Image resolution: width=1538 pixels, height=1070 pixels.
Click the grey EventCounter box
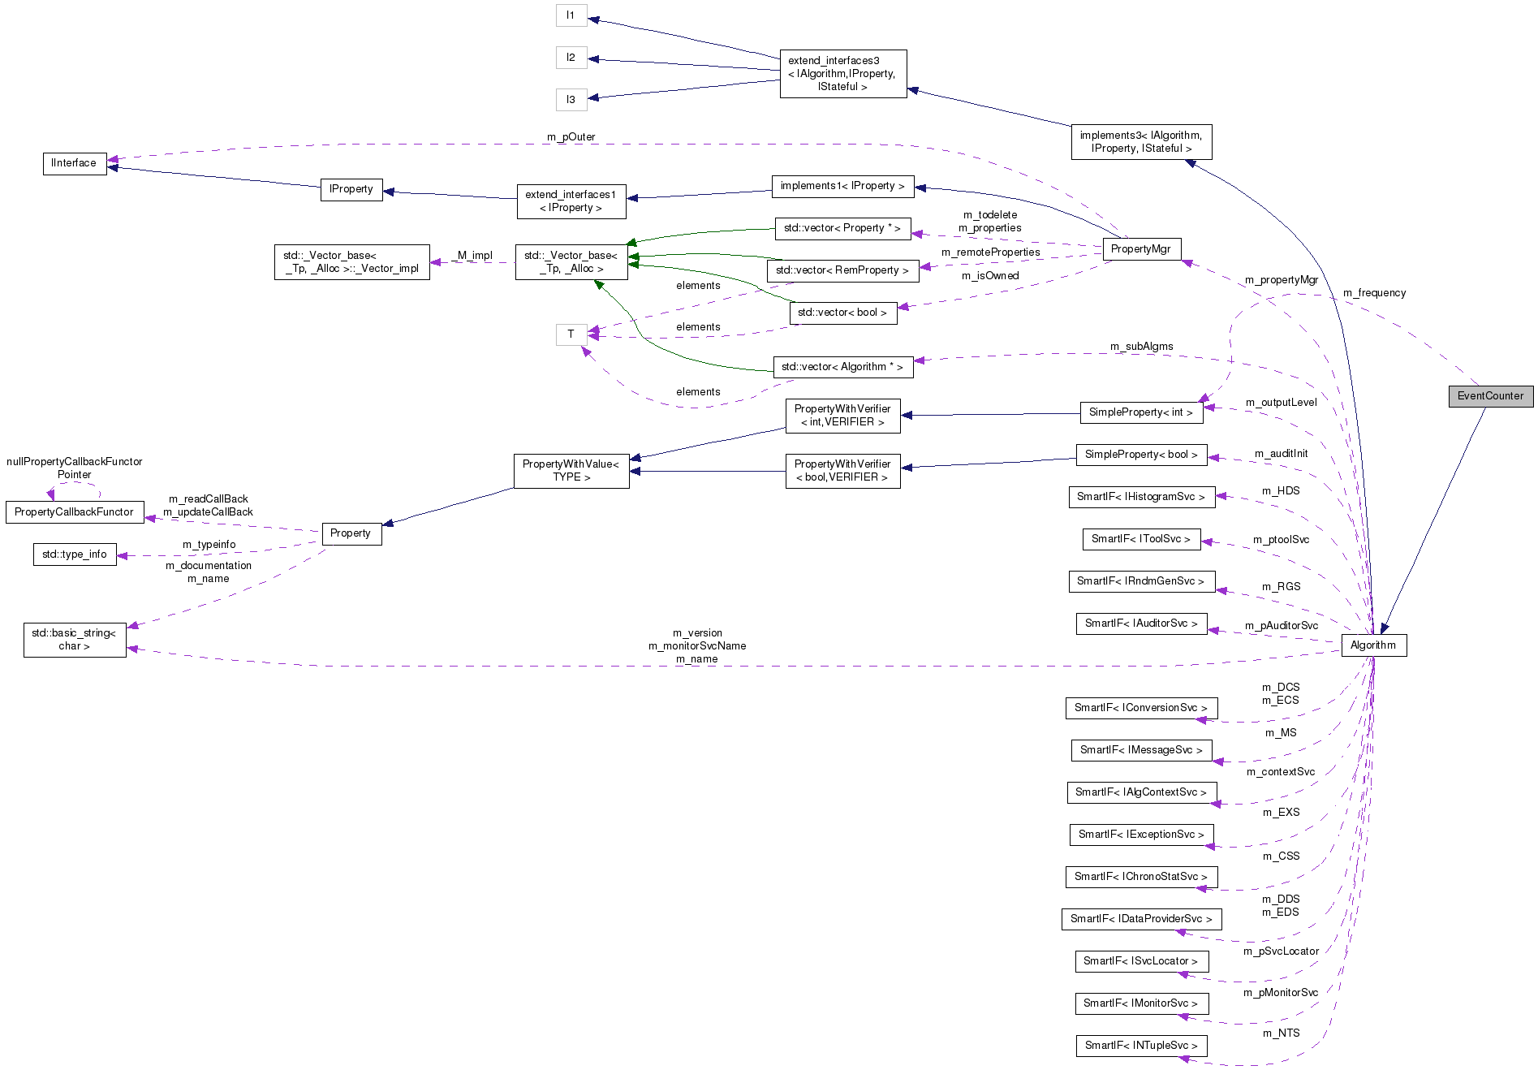1490,396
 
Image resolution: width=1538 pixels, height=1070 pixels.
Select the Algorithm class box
1373,645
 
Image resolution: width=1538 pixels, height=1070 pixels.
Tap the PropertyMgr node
1140,249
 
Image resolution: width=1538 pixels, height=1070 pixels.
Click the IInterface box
74,163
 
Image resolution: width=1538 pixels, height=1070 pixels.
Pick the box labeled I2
571,58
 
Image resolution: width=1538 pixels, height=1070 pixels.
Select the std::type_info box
75,554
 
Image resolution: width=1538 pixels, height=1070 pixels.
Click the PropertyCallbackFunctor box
74,512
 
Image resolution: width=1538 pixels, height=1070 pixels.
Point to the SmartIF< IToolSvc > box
1140,539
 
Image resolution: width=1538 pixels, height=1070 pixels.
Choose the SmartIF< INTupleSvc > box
1140,1046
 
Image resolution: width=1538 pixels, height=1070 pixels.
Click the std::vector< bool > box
842,313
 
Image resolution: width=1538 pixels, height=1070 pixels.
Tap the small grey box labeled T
571,334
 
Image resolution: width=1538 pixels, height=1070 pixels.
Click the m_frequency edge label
1374,293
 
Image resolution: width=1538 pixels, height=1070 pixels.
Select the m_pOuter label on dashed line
571,137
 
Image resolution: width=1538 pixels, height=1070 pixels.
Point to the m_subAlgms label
1141,347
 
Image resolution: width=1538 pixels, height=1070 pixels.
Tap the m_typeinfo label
209,545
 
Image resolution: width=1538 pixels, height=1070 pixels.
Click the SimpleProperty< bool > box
1140,455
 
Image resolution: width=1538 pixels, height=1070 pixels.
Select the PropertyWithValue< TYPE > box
571,471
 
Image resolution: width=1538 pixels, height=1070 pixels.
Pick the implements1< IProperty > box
842,186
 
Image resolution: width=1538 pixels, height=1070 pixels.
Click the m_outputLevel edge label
1281,403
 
